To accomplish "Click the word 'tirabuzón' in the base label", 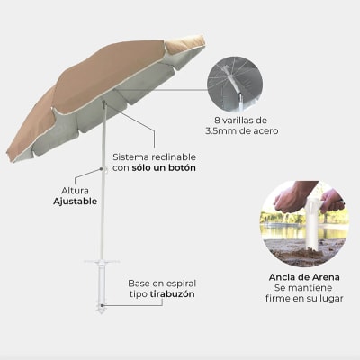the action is [x=172, y=294].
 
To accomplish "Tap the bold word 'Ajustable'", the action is [x=75, y=202].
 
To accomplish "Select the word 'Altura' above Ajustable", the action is [x=75, y=191].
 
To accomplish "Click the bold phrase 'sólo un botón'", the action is [x=164, y=167].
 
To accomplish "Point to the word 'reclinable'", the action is [x=174, y=157].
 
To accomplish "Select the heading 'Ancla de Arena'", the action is [x=304, y=277].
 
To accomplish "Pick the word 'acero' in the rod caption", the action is [x=265, y=131].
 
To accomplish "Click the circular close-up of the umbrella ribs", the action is [x=235, y=85].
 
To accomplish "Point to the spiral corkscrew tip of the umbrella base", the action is [x=102, y=308].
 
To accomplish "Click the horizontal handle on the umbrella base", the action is [x=102, y=262].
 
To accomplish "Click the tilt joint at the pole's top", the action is [x=104, y=104].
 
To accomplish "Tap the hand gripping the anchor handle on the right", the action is [x=331, y=202].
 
